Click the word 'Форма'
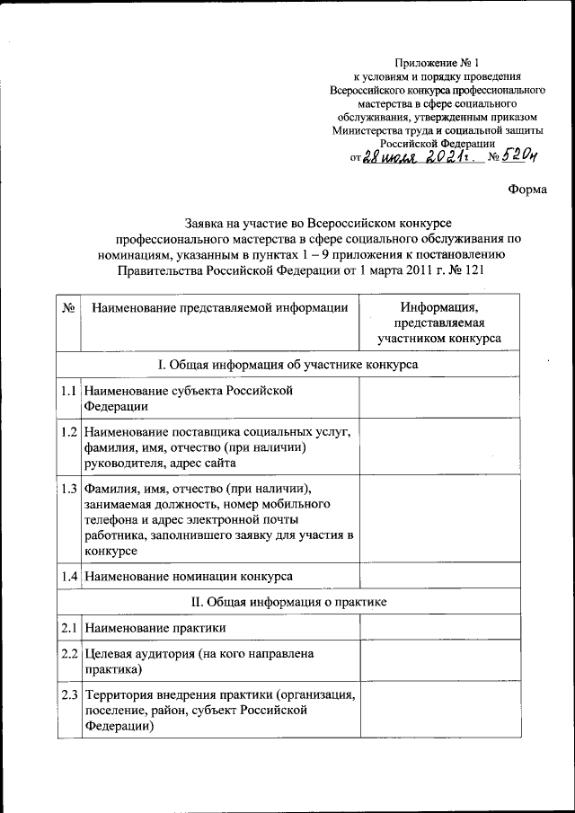(x=526, y=189)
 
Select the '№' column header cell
(x=68, y=308)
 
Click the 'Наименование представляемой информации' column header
(x=219, y=308)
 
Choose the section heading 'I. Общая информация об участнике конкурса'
(x=300, y=364)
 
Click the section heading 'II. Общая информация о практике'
(x=300, y=601)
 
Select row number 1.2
(x=68, y=432)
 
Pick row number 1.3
(x=68, y=489)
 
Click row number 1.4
(x=68, y=575)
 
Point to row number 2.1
(x=68, y=627)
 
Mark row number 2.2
(x=68, y=654)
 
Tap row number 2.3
(x=68, y=695)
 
